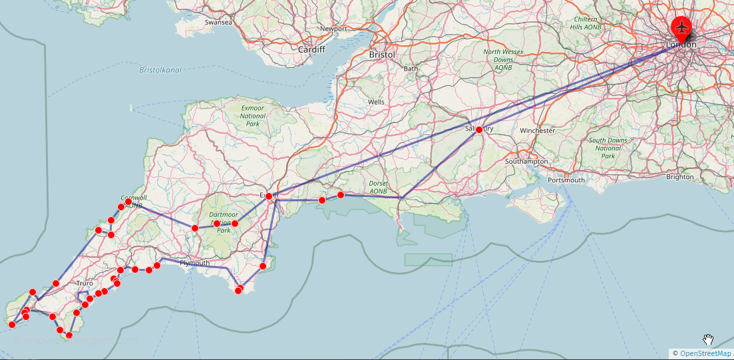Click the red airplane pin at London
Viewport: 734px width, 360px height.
tap(681, 27)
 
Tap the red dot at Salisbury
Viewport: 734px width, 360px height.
tap(478, 130)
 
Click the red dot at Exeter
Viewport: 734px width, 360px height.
tap(269, 196)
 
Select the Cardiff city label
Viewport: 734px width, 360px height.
tap(311, 49)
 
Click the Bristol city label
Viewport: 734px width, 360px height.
tap(382, 55)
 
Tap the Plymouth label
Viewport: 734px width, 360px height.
tap(194, 263)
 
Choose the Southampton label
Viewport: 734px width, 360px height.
tap(526, 162)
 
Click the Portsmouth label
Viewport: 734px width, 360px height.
tap(566, 180)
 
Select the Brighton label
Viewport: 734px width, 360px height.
tap(679, 177)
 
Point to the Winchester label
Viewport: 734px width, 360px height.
tap(537, 130)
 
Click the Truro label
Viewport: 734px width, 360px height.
tap(85, 283)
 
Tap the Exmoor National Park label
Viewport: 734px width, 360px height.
tap(252, 116)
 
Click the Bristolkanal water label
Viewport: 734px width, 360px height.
tap(160, 70)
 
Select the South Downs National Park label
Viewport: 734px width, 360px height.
tap(608, 148)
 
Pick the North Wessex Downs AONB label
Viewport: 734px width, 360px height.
tap(503, 60)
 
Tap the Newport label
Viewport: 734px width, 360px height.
tap(333, 29)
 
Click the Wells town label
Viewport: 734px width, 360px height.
tap(376, 102)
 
